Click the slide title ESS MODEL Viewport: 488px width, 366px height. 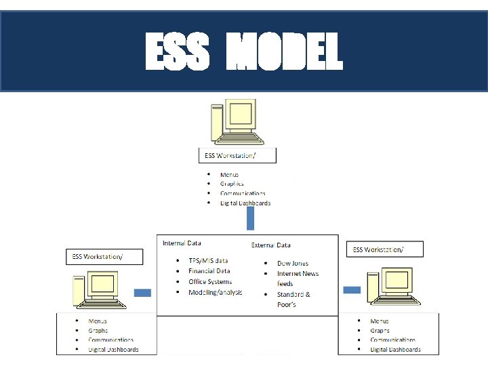click(x=244, y=53)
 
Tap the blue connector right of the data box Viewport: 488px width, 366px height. click(x=352, y=290)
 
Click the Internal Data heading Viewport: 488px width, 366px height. click(x=182, y=243)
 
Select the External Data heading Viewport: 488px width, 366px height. click(x=271, y=245)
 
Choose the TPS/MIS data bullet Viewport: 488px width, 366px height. click(x=208, y=260)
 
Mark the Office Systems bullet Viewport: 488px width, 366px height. click(x=209, y=281)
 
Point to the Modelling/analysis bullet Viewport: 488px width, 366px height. click(x=215, y=292)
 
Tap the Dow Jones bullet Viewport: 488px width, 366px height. click(x=292, y=263)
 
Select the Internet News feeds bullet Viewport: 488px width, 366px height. click(x=297, y=278)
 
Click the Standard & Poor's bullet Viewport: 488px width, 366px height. click(x=293, y=300)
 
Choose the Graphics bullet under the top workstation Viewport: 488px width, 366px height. click(x=232, y=184)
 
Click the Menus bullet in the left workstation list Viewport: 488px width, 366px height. click(x=98, y=321)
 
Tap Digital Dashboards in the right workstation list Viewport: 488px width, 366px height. click(x=395, y=350)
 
